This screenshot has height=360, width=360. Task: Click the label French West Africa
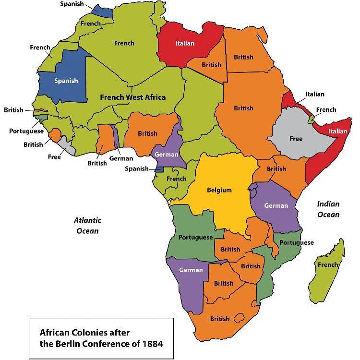[x=132, y=97]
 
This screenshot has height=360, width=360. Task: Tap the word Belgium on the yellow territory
[x=219, y=190]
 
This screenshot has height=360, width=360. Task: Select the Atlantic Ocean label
[x=87, y=226]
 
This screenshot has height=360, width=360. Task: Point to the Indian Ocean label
[x=328, y=209]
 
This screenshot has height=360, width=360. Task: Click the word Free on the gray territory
[x=296, y=139]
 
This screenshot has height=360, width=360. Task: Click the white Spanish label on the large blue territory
[x=66, y=81]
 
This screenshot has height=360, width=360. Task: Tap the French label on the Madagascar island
[x=328, y=265]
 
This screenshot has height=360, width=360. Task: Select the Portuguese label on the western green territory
[x=195, y=238]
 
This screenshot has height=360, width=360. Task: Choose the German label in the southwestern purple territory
[x=191, y=270]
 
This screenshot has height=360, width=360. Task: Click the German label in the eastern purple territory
[x=276, y=206]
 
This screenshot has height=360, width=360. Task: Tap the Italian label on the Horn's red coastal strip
[x=337, y=131]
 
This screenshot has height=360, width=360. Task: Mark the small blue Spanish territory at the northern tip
[x=102, y=11]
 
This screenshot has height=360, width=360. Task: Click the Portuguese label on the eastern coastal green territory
[x=296, y=242]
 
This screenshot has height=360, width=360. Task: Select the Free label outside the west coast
[x=54, y=157]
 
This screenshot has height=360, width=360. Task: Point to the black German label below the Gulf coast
[x=121, y=158]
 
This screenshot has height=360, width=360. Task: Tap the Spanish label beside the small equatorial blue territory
[x=136, y=168]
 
